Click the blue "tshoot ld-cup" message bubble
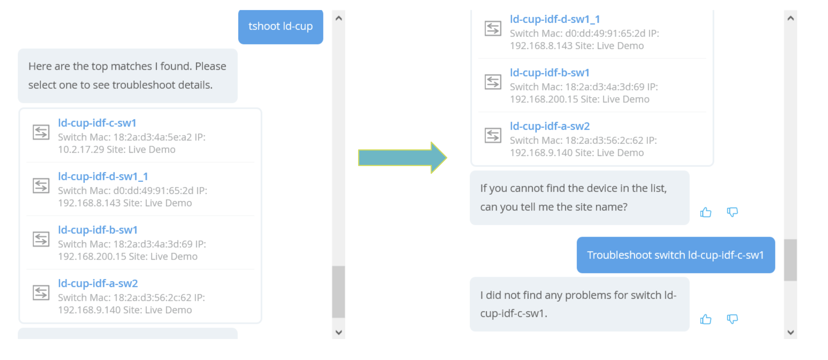click(x=280, y=26)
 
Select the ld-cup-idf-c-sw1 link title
click(x=97, y=123)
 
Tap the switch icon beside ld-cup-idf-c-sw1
click(x=41, y=132)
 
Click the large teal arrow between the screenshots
click(x=402, y=158)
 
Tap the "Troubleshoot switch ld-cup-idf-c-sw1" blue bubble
click(x=675, y=255)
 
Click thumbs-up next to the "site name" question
click(x=705, y=213)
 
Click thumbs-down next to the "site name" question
click(x=732, y=212)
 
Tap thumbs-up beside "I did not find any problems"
click(x=705, y=320)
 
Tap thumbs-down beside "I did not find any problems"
click(x=732, y=319)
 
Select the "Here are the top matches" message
click(x=127, y=76)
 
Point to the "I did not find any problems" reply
click(x=579, y=304)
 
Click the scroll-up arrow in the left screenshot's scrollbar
click(x=338, y=18)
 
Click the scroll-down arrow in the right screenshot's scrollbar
click(x=790, y=332)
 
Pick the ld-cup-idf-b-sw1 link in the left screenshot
click(x=98, y=230)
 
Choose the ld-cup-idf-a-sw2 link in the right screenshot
click(x=550, y=126)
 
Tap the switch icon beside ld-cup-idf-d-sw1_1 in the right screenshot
click(x=493, y=29)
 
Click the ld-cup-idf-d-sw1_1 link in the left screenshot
click(x=103, y=177)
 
